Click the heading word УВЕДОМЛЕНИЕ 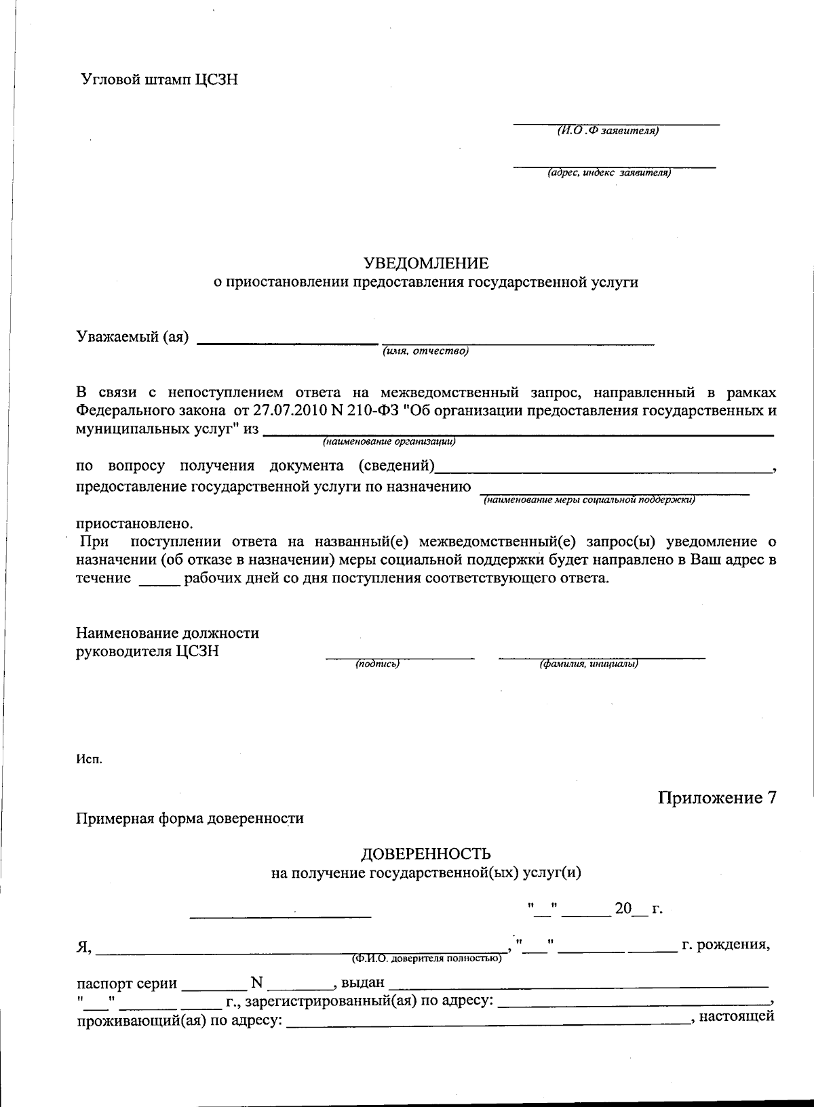click(x=425, y=263)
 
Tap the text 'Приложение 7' click(x=716, y=798)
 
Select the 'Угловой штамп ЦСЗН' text click(x=159, y=79)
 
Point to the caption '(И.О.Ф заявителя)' click(x=607, y=131)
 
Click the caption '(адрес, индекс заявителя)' click(x=609, y=173)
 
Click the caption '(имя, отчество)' click(x=425, y=350)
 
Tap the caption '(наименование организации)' click(x=389, y=442)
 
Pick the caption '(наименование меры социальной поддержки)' click(x=589, y=500)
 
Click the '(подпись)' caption click(x=377, y=664)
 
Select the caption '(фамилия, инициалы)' click(x=588, y=664)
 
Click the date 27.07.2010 click(x=286, y=411)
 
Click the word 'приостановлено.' click(x=134, y=524)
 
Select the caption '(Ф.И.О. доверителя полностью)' click(x=426, y=959)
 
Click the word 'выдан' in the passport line click(x=362, y=983)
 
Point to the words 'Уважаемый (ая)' click(x=132, y=337)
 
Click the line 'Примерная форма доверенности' click(x=189, y=818)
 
